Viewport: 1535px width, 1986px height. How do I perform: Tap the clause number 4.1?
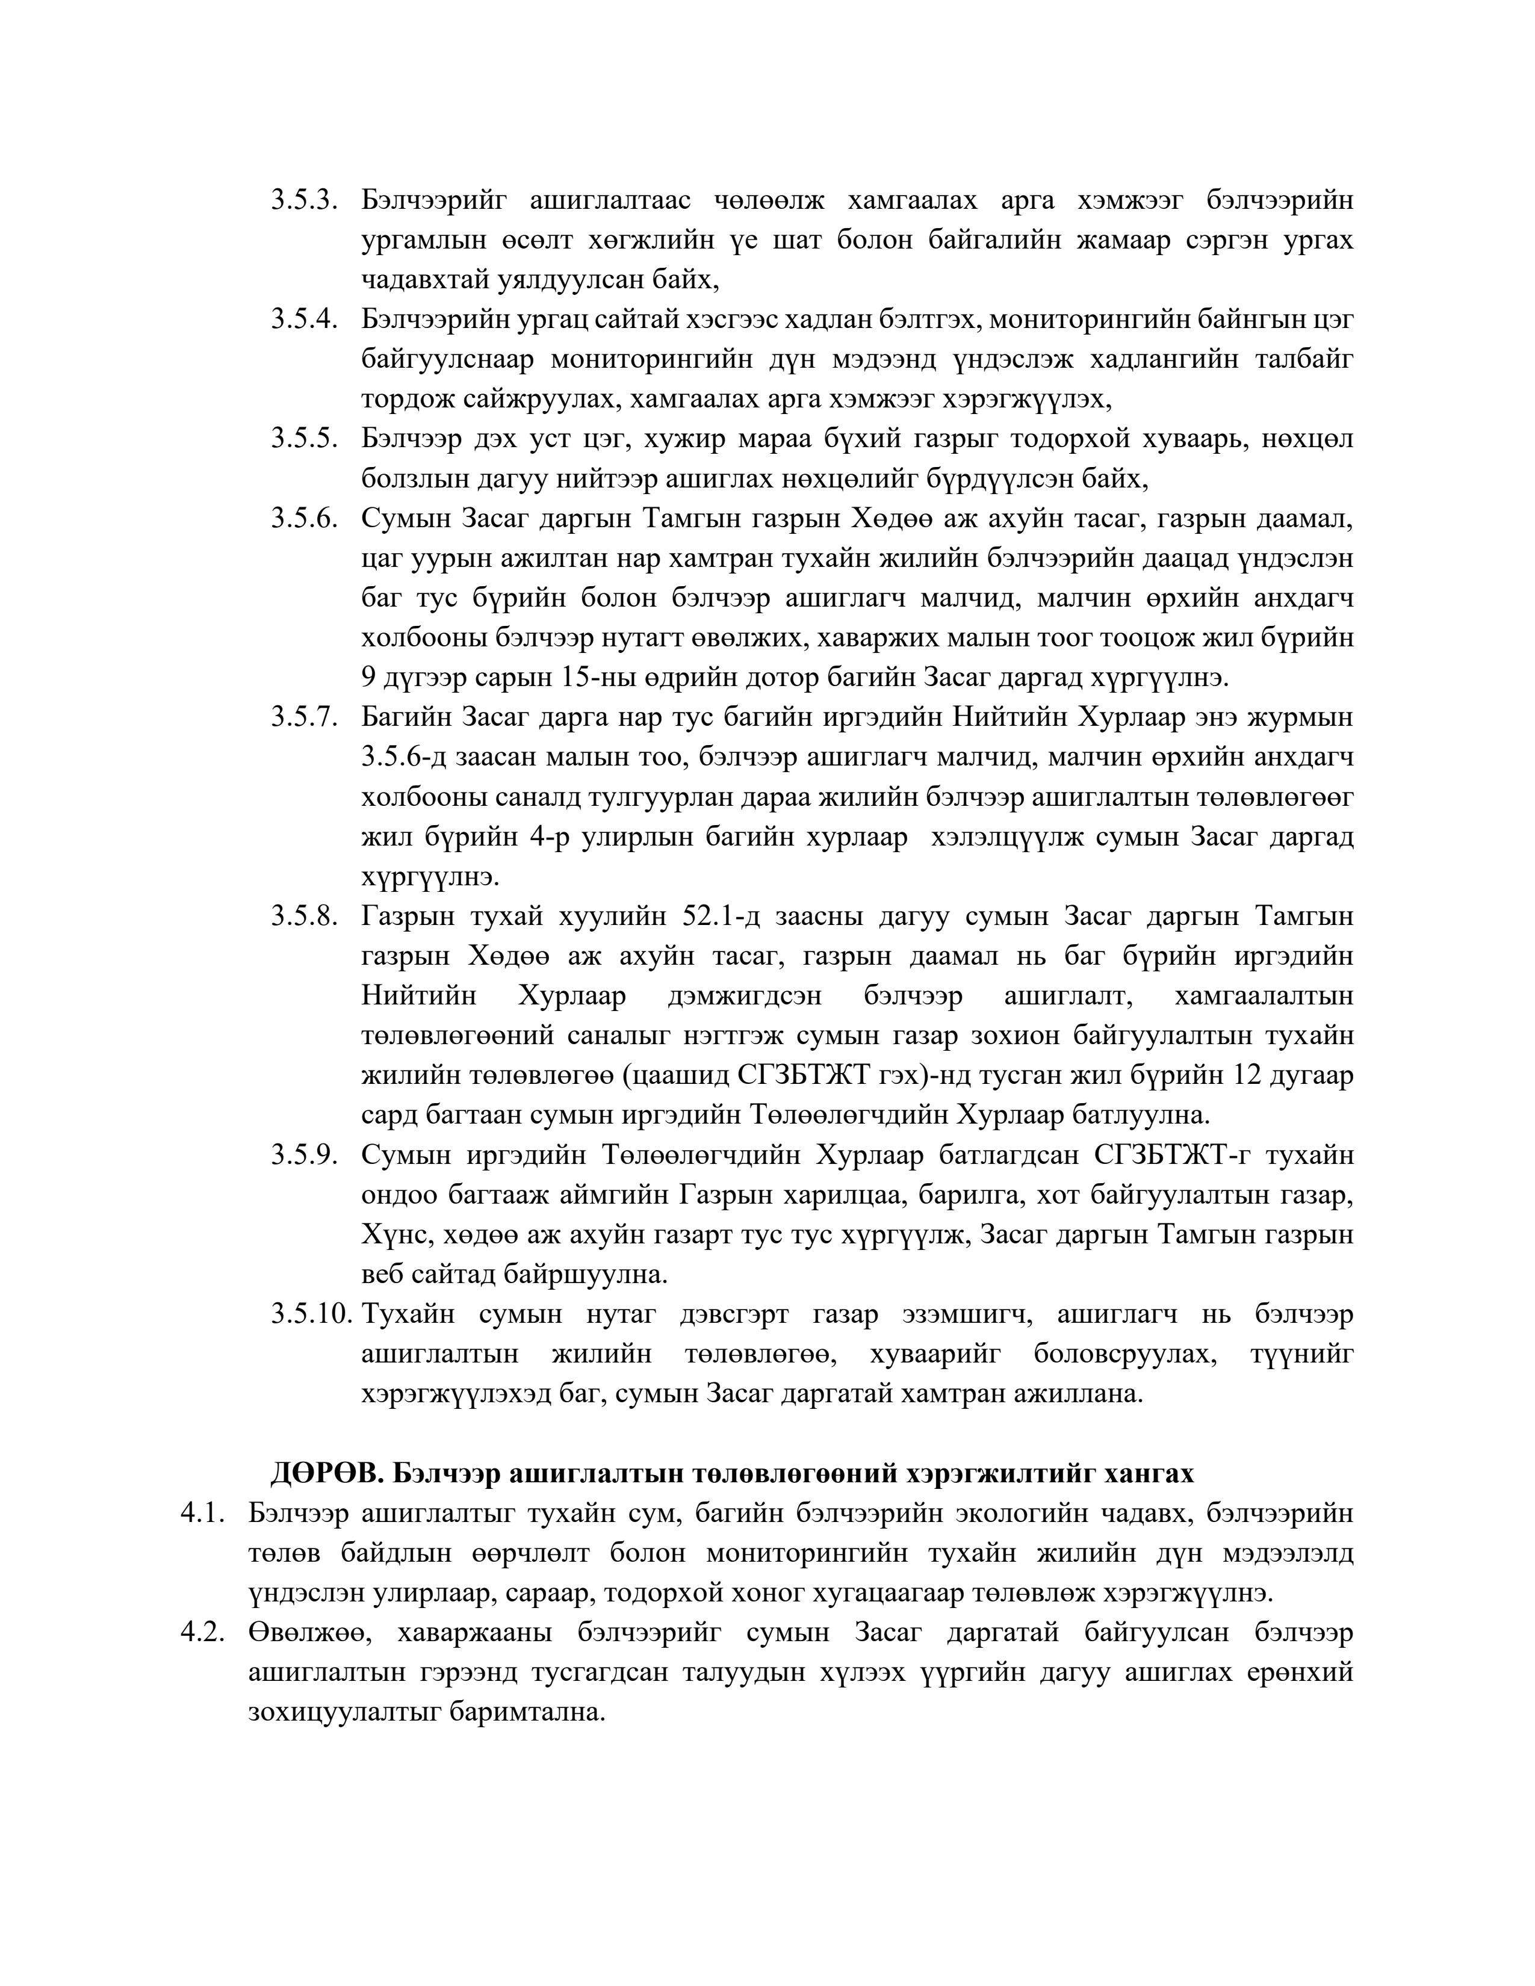pyautogui.click(x=202, y=1513)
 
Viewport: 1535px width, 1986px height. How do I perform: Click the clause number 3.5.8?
pyautogui.click(x=304, y=917)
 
